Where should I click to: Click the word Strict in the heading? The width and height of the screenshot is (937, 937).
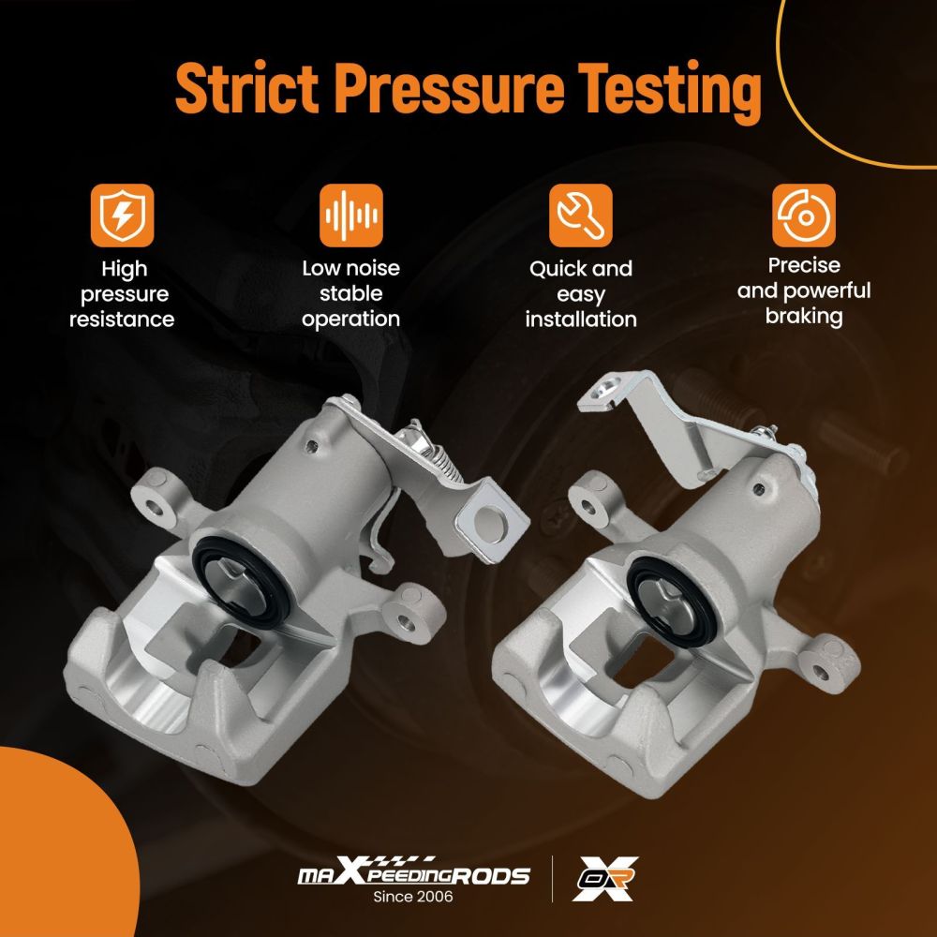pyautogui.click(x=246, y=87)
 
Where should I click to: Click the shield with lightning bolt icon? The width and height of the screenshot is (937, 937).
pyautogui.click(x=122, y=216)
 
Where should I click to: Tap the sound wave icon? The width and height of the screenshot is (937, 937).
pyautogui.click(x=350, y=216)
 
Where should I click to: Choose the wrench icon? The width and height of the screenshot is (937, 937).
pyautogui.click(x=580, y=216)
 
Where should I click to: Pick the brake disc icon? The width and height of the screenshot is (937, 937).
pyautogui.click(x=803, y=216)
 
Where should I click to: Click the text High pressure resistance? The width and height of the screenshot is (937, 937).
pyautogui.click(x=122, y=294)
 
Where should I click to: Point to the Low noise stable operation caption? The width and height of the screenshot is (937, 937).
pyautogui.click(x=350, y=293)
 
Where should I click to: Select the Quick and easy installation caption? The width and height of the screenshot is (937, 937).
pyautogui.click(x=580, y=294)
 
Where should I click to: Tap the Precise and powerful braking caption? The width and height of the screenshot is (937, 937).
pyautogui.click(x=803, y=291)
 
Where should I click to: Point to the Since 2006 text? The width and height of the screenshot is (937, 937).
pyautogui.click(x=413, y=897)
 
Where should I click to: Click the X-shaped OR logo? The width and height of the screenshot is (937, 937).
pyautogui.click(x=604, y=879)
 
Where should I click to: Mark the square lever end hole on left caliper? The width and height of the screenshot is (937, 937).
pyautogui.click(x=490, y=525)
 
